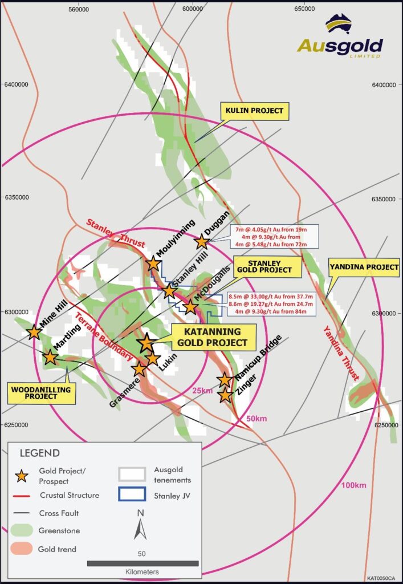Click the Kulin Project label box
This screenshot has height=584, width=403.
click(x=255, y=111)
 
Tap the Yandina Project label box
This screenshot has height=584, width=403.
click(x=364, y=267)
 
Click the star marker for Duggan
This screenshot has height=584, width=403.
click(x=201, y=242)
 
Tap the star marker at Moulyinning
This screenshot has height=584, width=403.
click(x=153, y=263)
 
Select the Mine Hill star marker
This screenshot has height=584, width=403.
click(x=34, y=331)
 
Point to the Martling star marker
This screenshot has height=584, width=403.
click(x=50, y=358)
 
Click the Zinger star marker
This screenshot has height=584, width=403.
click(x=225, y=395)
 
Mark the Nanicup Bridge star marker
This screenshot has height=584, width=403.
click(x=225, y=380)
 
